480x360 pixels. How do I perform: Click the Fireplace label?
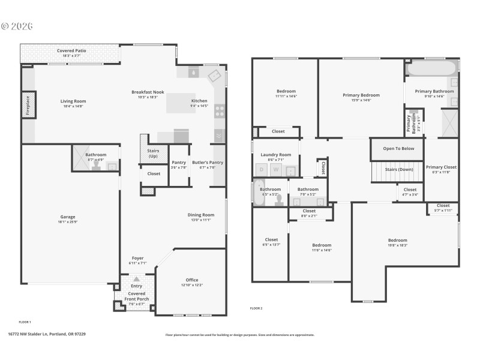pos(28,106)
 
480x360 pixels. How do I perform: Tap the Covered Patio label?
pos(71,51)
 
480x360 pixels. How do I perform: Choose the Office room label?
pos(192,280)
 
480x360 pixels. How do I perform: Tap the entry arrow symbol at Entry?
pos(137,278)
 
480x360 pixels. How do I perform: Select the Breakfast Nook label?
pos(148,92)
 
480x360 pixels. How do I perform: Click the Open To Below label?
pos(398,148)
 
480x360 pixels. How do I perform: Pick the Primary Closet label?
pos(441,167)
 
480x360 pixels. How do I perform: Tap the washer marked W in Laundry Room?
pos(276,170)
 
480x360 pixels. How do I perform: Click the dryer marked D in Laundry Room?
pos(262,170)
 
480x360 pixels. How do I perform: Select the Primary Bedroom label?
pos(361,95)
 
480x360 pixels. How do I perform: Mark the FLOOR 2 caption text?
pos(256,308)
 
